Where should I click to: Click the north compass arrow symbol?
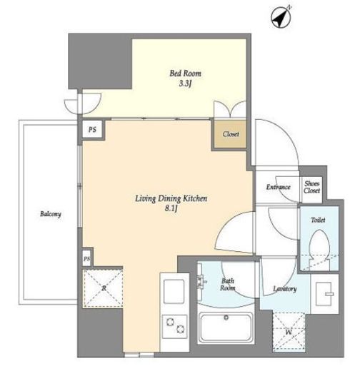point(281,17)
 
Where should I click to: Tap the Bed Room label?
point(185,73)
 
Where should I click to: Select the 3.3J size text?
point(185,83)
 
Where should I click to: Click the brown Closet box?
point(230,134)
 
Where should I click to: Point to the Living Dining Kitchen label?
point(171,198)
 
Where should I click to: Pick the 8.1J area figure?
point(171,208)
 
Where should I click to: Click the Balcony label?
point(51,214)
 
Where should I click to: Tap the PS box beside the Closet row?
point(92,129)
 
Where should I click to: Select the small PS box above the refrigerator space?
point(86,258)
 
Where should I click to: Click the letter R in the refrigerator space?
point(104,288)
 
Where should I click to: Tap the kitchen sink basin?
point(174,292)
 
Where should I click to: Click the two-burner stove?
point(174,326)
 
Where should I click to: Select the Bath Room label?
point(228,285)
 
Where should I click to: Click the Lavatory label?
point(284,289)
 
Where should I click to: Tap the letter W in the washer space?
point(289,332)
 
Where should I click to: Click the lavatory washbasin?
point(324,294)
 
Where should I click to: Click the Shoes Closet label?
point(311,187)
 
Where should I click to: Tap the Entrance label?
point(278,187)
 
